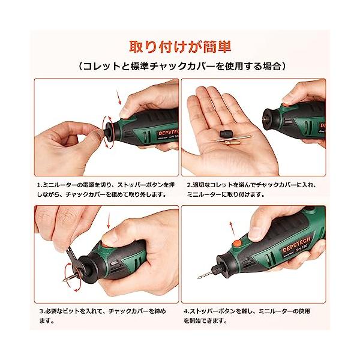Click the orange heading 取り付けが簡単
pos(180,47)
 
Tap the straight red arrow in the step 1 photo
pos(118,97)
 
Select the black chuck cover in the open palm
pos(224,133)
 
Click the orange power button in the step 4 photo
pos(236,243)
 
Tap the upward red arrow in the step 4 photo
pos(232,229)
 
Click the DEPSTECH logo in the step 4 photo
pos(296,244)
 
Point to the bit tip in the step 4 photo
pos(198,278)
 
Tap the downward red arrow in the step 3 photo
pos(109,221)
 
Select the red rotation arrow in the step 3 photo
pos(73,277)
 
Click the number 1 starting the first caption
pos(39,185)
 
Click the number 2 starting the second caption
pos(189,185)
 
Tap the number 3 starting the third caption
pos(41,311)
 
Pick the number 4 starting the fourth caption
pos(186,311)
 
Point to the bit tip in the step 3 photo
pos(64,280)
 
